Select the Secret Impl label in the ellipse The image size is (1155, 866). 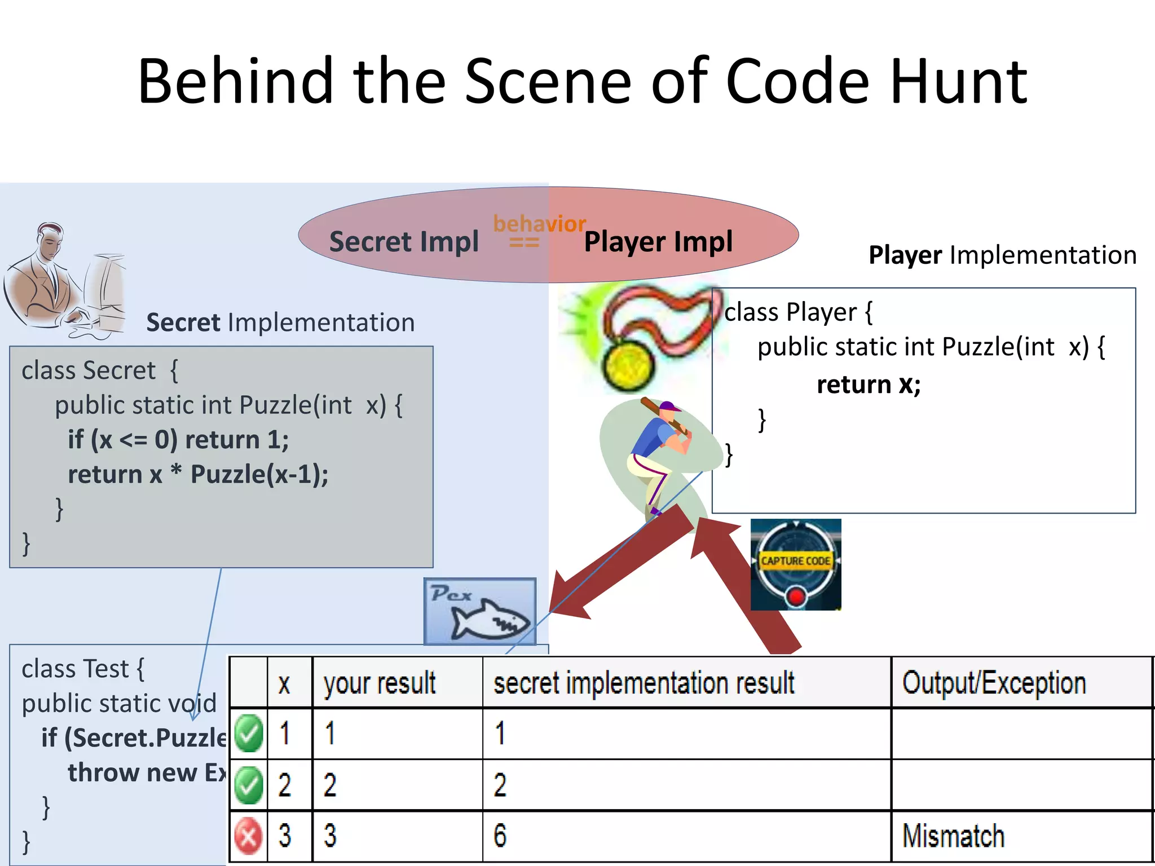point(404,242)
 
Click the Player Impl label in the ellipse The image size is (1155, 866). point(658,242)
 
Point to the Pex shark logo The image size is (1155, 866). point(480,612)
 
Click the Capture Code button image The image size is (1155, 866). point(795,564)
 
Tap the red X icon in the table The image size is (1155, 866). point(248,836)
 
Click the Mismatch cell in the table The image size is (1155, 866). point(953,836)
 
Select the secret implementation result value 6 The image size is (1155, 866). point(500,836)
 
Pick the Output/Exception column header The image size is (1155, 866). point(994,683)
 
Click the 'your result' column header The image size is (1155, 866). point(380,683)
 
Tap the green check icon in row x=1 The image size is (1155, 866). point(248,734)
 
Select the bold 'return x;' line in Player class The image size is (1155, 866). point(869,385)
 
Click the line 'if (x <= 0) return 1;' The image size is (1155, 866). point(178,440)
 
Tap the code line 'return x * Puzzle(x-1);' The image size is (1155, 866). point(198,474)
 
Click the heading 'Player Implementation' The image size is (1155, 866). point(1002,255)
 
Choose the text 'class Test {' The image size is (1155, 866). point(83,669)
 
